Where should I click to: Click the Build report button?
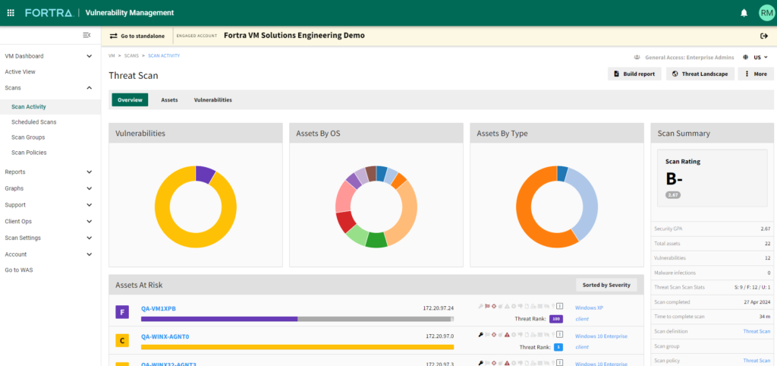[635, 74]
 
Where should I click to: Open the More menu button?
[756, 74]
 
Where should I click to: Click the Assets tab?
[169, 99]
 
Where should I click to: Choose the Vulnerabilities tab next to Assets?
[212, 99]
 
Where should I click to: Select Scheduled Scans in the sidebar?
[34, 121]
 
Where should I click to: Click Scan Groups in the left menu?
[28, 137]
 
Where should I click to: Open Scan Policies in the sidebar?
[29, 153]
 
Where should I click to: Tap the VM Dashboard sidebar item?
[24, 56]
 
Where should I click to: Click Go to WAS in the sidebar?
[19, 270]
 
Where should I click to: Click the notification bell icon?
[744, 13]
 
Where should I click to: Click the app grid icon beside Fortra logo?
[11, 13]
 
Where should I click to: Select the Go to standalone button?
[137, 36]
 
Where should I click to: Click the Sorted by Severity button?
[606, 285]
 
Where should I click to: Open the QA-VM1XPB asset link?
[158, 308]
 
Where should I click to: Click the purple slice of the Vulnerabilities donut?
[205, 174]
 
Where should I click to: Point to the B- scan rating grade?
[675, 179]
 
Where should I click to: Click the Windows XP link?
[589, 308]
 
